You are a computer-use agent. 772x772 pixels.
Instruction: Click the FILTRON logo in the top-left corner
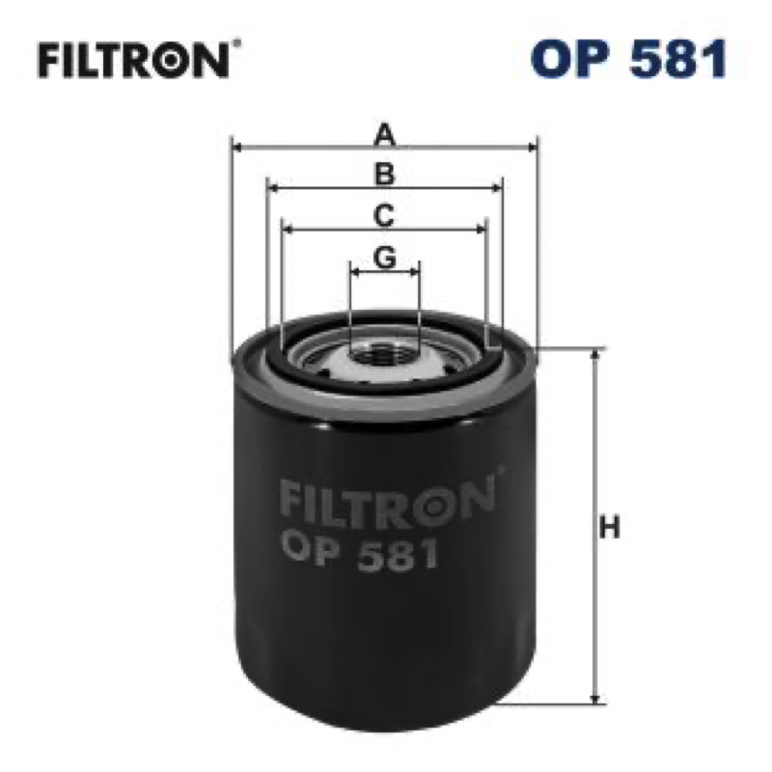click(134, 61)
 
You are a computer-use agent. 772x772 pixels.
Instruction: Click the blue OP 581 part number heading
click(629, 59)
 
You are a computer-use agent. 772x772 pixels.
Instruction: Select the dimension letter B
click(384, 175)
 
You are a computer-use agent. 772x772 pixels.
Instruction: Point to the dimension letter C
click(384, 215)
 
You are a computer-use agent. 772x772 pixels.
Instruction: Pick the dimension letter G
click(384, 257)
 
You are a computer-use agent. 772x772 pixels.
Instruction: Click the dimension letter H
click(610, 527)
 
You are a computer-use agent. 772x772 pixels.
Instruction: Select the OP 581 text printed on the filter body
click(359, 554)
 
